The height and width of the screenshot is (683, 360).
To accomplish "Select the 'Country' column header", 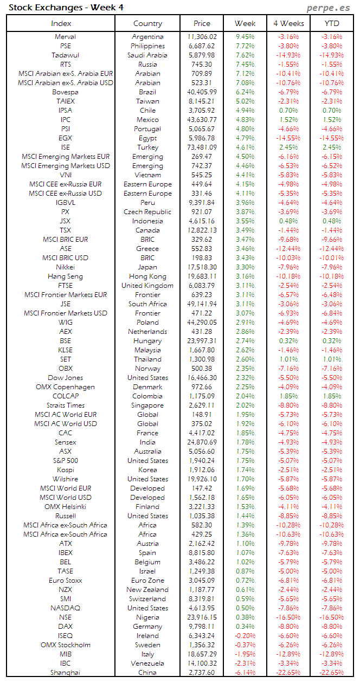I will [147, 23].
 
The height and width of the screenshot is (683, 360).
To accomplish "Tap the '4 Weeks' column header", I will [287, 23].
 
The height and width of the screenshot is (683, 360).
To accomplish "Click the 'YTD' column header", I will [332, 23].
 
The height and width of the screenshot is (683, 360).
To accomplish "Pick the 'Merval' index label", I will [65, 37].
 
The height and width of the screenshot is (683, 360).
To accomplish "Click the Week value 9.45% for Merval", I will [245, 37].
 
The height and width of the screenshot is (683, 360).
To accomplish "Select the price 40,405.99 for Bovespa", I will [202, 92].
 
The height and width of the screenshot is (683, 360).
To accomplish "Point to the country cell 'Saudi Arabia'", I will [147, 55].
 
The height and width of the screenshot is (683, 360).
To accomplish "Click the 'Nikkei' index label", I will [65, 267].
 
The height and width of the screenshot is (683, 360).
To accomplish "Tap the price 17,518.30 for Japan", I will [202, 267].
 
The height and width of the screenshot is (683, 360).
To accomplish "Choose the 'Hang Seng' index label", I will [65, 276].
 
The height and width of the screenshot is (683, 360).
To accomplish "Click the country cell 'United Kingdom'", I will [147, 286].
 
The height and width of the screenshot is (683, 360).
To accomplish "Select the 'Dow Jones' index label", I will [65, 378].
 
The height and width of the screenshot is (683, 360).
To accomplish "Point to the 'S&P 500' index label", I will [65, 461].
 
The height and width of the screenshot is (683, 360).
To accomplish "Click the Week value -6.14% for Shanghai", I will [245, 673].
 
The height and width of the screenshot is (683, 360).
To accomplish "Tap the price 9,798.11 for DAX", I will [202, 627].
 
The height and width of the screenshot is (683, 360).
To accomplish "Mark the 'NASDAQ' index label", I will [65, 608].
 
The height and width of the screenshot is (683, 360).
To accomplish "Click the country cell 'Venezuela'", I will [147, 663].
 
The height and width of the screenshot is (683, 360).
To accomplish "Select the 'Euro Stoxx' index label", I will [65, 581].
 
